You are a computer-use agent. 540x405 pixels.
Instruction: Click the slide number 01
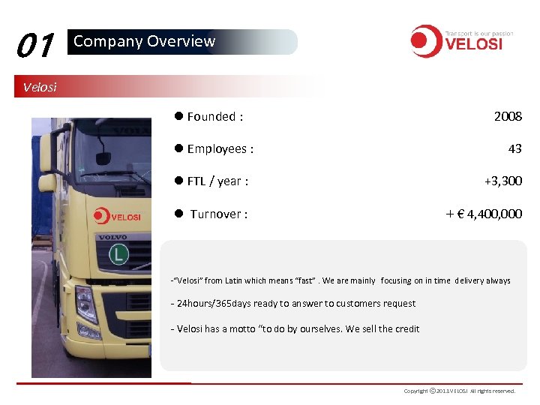point(34,46)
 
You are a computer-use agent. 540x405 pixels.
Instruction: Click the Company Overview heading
point(144,41)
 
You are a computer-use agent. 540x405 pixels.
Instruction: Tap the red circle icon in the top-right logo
point(425,40)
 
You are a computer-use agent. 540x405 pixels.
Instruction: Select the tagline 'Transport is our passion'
point(479,34)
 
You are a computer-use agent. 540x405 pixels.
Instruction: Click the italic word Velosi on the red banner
point(40,86)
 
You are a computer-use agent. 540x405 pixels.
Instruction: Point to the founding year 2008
point(508,116)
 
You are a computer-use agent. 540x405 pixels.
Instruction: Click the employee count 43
point(514,148)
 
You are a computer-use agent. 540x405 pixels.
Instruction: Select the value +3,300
point(502,181)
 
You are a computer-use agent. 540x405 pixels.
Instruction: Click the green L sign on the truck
point(118,255)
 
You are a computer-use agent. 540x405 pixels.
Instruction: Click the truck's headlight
point(85,304)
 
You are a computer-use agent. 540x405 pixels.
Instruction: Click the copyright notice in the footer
point(459,391)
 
